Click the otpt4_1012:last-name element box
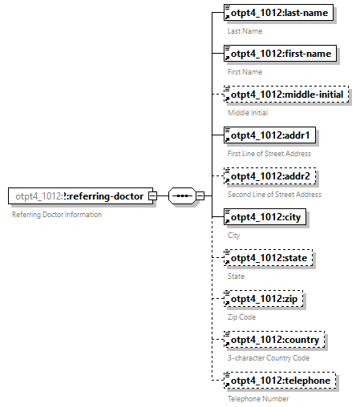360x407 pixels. tap(278, 13)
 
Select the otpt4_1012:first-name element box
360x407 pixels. tap(281, 54)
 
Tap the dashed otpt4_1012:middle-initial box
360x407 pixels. tap(286, 95)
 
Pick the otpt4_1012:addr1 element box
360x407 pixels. tap(270, 135)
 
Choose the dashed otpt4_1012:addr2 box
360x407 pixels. tap(270, 176)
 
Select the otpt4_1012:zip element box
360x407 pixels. tap(264, 299)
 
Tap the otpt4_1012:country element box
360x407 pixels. tap(275, 340)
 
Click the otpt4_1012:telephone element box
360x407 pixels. tap(280, 381)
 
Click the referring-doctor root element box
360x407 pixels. tap(80, 196)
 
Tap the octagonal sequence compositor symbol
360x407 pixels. tap(183, 196)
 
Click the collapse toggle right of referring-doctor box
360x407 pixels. tap(163, 196)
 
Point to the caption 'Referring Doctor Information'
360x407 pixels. tap(57, 215)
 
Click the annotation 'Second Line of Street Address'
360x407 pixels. tap(274, 195)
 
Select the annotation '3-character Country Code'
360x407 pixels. tap(269, 358)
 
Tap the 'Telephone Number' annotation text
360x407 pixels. tap(258, 399)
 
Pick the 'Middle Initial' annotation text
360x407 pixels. tap(248, 113)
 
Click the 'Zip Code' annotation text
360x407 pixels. tap(242, 317)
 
